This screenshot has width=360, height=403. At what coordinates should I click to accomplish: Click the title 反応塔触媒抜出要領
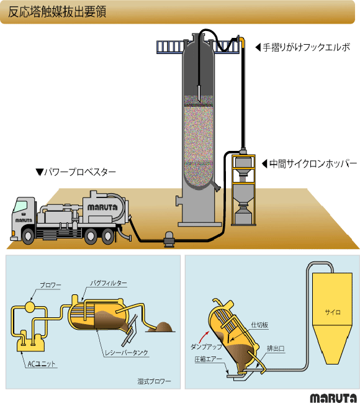click(x=57, y=12)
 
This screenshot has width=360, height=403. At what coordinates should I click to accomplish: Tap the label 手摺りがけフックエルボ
click(x=307, y=47)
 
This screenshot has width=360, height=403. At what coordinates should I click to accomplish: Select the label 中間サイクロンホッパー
click(x=313, y=163)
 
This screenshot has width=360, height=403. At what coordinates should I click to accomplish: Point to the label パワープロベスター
click(x=80, y=172)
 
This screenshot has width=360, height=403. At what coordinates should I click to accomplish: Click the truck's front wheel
click(x=28, y=235)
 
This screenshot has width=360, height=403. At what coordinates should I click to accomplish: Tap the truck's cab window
click(x=20, y=206)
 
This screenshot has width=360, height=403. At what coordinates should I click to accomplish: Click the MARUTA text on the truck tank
click(x=102, y=207)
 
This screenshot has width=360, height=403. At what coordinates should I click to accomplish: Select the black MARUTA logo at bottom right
click(x=333, y=398)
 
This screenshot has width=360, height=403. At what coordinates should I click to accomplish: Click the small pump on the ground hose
click(x=169, y=239)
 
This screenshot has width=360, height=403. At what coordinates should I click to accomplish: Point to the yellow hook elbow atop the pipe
click(x=241, y=41)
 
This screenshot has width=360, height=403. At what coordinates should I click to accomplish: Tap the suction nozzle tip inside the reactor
click(x=199, y=99)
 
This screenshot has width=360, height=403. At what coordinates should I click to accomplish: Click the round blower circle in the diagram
click(x=30, y=307)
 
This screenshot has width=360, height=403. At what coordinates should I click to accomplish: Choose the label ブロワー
click(x=50, y=285)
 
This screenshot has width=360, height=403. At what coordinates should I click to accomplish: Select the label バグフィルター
click(x=109, y=283)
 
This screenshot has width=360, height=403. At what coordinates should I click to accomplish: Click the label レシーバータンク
click(x=127, y=353)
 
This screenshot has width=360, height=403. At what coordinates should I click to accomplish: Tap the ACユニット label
click(x=41, y=364)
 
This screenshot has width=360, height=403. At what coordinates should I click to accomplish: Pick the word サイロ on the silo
click(x=333, y=312)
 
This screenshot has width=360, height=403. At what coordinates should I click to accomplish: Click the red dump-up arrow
click(x=204, y=337)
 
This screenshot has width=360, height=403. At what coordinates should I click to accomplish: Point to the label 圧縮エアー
click(x=208, y=359)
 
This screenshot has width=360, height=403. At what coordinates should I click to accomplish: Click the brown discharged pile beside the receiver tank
click(x=163, y=327)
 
